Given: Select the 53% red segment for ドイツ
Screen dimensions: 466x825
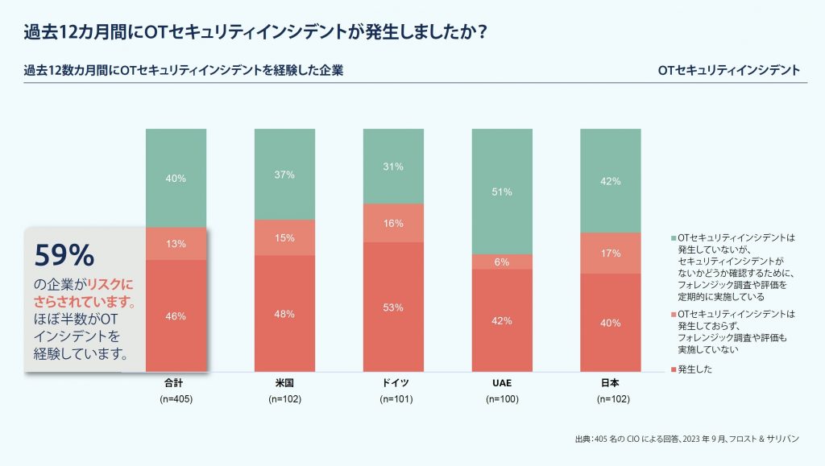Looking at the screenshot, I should (393, 307).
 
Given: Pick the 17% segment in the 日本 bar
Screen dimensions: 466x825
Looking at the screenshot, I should (610, 253).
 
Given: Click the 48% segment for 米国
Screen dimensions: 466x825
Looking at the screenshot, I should (284, 313).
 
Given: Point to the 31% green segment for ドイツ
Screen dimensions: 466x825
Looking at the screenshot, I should (393, 166).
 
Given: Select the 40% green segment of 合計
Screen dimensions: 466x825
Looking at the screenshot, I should (176, 178).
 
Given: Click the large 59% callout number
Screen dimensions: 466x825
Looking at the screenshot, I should (64, 255).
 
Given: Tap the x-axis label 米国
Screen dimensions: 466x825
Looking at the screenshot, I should (284, 383).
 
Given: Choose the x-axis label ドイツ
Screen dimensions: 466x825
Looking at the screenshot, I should (393, 383).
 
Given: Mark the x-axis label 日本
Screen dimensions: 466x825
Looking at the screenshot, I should (610, 383).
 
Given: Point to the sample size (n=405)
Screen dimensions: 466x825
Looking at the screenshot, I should (176, 399).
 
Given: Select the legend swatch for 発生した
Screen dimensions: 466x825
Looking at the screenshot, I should (674, 369).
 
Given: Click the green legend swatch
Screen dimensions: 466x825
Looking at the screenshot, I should (674, 238).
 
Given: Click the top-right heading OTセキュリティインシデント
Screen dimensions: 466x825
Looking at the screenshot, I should (728, 70).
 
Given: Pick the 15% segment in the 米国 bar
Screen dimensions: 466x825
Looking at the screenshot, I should (284, 237).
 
